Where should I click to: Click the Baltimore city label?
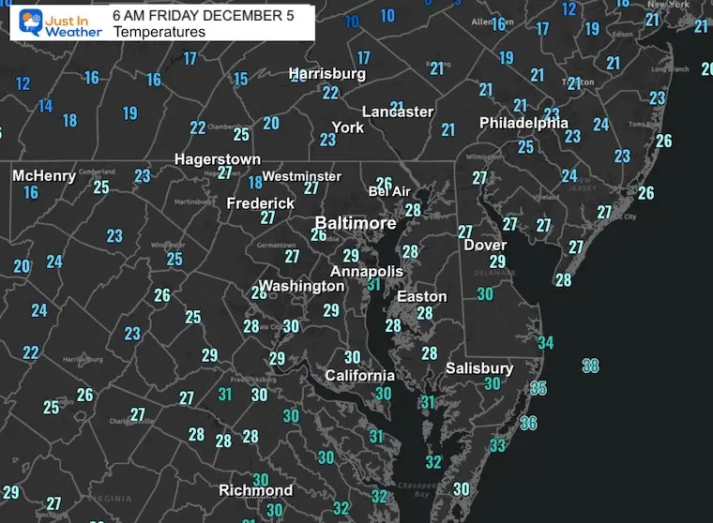pyautogui.click(x=355, y=224)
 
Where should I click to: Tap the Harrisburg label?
pyautogui.click(x=326, y=73)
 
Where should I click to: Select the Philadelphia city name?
pyautogui.click(x=523, y=123)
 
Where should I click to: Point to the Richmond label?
pyautogui.click(x=255, y=490)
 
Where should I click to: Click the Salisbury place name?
pyautogui.click(x=479, y=368)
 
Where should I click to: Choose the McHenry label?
pyautogui.click(x=43, y=175)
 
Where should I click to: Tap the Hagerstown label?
pyautogui.click(x=218, y=159)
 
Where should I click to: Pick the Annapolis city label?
pyautogui.click(x=366, y=272)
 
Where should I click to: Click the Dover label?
pyautogui.click(x=485, y=246)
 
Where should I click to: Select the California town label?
pyautogui.click(x=359, y=376)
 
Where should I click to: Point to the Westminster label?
pyautogui.click(x=301, y=176)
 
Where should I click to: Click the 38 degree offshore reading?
pyautogui.click(x=590, y=365)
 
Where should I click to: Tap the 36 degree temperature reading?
pyautogui.click(x=528, y=423)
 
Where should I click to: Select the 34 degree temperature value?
pyautogui.click(x=545, y=343)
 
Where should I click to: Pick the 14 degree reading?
pyautogui.click(x=45, y=106)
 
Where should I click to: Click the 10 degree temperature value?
pyautogui.click(x=352, y=21)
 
